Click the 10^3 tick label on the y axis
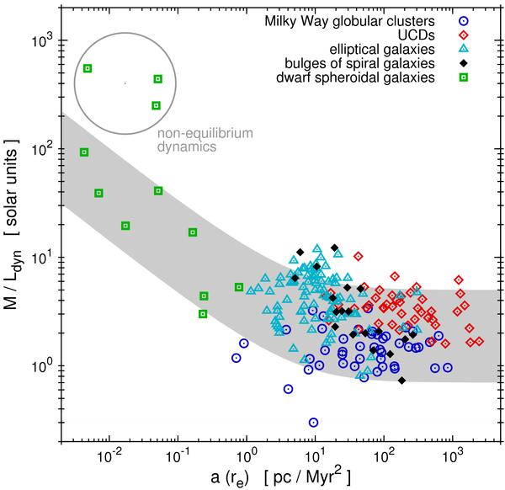[x=40, y=40]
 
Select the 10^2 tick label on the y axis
[x=40, y=149]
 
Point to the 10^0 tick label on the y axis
[x=40, y=366]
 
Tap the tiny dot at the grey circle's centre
[x=125, y=83]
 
